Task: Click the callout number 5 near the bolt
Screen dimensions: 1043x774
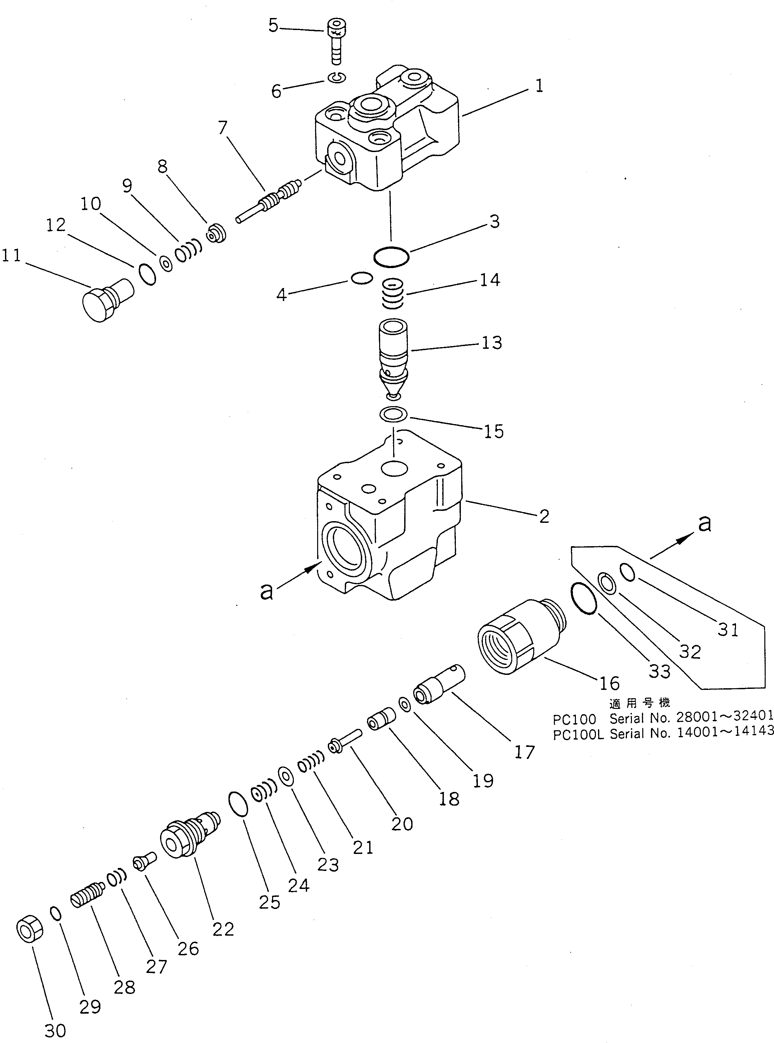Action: click(x=273, y=26)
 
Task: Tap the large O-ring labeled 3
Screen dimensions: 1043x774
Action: click(x=391, y=257)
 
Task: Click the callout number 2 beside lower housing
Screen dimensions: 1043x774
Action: click(x=544, y=516)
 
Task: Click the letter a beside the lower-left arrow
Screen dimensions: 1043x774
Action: click(x=266, y=592)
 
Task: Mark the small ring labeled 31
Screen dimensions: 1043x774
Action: click(x=628, y=572)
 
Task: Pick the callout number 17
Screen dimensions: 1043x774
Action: click(x=524, y=753)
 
